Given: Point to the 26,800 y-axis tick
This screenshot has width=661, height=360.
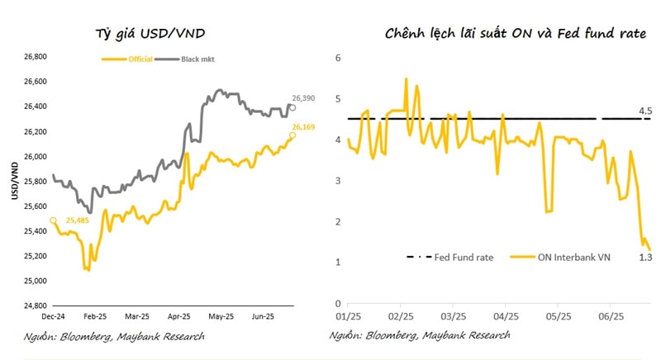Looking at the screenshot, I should coord(33,57).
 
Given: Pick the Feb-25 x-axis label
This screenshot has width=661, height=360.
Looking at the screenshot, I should coord(95,315).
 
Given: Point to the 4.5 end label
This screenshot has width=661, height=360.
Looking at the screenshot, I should coord(644,111).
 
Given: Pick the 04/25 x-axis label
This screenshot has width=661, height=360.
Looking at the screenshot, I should coord(506,315).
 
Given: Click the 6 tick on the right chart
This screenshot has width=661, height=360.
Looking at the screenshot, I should coord(338,57).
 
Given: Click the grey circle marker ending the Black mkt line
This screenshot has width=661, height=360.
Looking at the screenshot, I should coord(293,107).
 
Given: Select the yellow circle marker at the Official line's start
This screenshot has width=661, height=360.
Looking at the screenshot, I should coord(53,220).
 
